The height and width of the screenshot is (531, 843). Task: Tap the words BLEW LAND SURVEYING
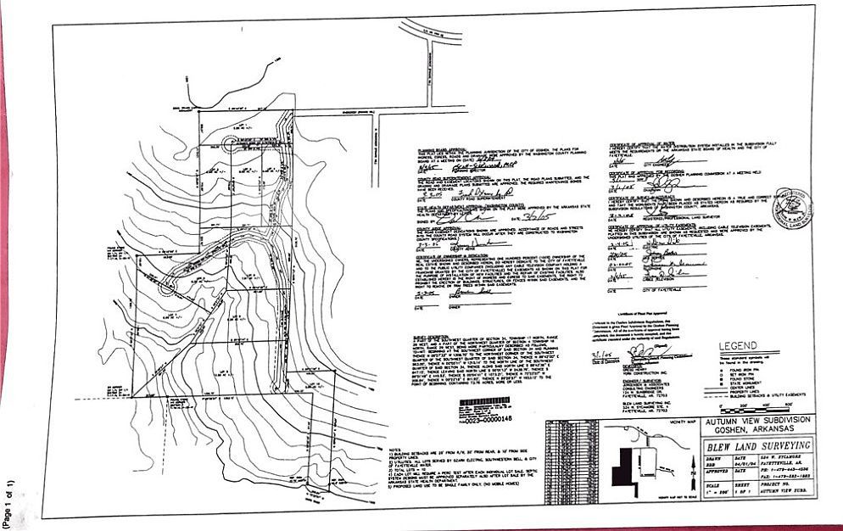tap(755, 445)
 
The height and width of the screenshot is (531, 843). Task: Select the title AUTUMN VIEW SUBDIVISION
tap(755, 420)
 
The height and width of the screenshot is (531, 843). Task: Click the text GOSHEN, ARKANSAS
tap(754, 429)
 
